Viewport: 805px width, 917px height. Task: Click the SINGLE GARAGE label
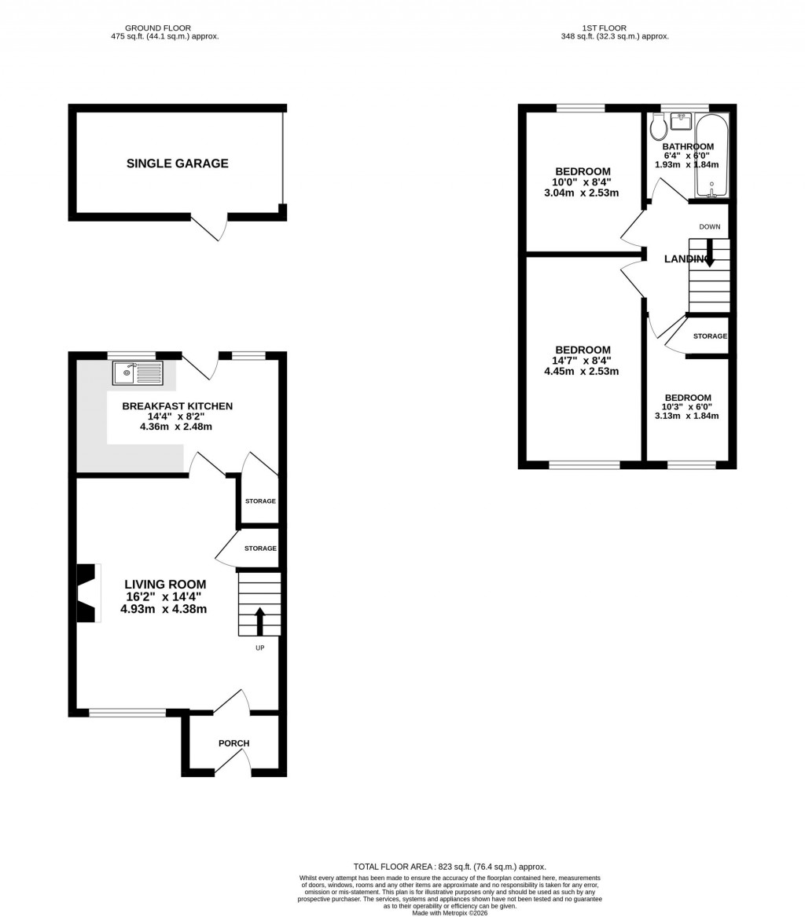click(177, 163)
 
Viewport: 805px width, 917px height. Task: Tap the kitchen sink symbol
click(138, 373)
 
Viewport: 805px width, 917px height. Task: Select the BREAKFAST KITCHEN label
click(177, 406)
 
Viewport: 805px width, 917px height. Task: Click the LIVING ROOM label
click(165, 585)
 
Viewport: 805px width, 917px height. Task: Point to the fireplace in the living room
click(86, 592)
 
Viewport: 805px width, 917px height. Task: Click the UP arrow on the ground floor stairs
click(259, 620)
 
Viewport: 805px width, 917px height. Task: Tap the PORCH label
click(233, 743)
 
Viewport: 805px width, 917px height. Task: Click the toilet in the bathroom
click(658, 127)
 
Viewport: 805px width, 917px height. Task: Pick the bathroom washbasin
click(681, 122)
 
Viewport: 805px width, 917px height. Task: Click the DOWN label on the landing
click(709, 227)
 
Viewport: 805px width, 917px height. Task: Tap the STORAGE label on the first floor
click(710, 336)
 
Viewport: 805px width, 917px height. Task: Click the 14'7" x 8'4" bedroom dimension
click(582, 361)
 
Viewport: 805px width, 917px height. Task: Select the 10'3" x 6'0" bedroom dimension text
click(687, 407)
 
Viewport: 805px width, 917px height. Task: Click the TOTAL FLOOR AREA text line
click(449, 867)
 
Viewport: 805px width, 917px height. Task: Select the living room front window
click(127, 713)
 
